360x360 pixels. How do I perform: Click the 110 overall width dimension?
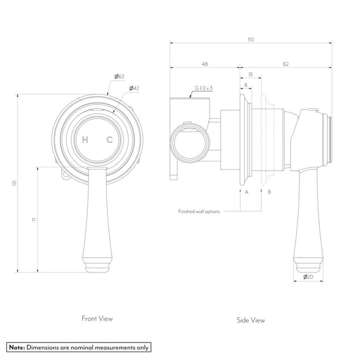tap(250, 39)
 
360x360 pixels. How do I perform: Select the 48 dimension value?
tap(204, 63)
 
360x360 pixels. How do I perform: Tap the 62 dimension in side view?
tap(285, 63)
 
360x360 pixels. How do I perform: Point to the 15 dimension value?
tap(250, 74)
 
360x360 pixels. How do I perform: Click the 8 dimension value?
tap(246, 85)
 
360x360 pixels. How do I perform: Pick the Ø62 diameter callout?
tap(119, 76)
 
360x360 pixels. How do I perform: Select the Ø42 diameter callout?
tap(133, 88)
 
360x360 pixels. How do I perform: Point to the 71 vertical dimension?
tap(33, 220)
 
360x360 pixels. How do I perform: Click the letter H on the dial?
tap(85, 140)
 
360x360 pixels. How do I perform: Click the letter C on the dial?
tap(109, 140)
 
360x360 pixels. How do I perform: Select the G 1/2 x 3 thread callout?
tap(204, 88)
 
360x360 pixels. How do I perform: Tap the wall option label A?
tap(246, 191)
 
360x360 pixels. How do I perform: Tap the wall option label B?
tap(269, 191)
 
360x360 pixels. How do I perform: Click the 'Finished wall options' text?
tap(199, 211)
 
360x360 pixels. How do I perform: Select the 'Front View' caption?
tap(97, 317)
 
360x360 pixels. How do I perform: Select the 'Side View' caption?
tap(251, 320)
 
